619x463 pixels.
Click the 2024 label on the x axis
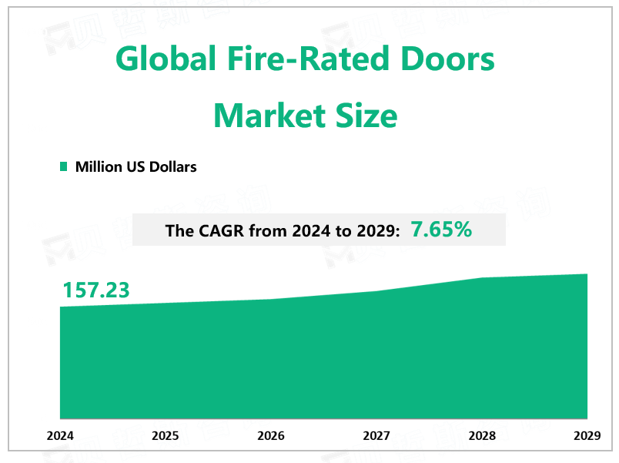(x=60, y=436)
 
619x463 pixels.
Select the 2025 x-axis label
(x=166, y=436)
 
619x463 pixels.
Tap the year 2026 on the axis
(x=271, y=436)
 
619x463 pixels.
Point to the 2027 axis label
(x=376, y=436)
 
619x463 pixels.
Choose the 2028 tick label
(x=482, y=436)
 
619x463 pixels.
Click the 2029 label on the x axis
(x=587, y=436)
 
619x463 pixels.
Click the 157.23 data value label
(x=96, y=290)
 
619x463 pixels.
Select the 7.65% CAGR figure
(x=441, y=229)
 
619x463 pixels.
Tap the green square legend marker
(x=64, y=166)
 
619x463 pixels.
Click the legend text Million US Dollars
(x=136, y=166)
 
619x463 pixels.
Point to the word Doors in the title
(x=451, y=59)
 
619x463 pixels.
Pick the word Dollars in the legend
(x=172, y=166)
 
